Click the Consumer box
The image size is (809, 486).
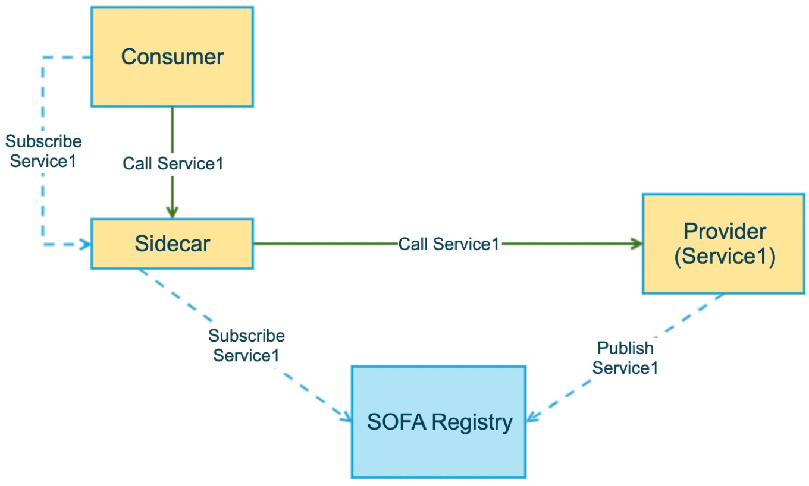173,56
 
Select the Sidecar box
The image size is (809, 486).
173,244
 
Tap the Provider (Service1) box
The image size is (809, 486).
724,244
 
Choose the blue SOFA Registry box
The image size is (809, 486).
438,422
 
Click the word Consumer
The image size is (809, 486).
173,56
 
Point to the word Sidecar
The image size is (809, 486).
173,244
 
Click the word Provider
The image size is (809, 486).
725,231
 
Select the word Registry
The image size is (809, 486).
472,423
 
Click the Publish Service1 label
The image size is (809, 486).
625,358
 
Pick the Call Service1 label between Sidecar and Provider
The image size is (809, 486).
449,244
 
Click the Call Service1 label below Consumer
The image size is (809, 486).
173,163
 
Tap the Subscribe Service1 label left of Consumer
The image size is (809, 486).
43,151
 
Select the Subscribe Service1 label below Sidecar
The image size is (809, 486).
246,345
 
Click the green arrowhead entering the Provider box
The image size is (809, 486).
636,244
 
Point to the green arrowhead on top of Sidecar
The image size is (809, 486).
173,213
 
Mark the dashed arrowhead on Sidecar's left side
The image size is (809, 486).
85,245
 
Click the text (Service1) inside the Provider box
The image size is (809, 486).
725,257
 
